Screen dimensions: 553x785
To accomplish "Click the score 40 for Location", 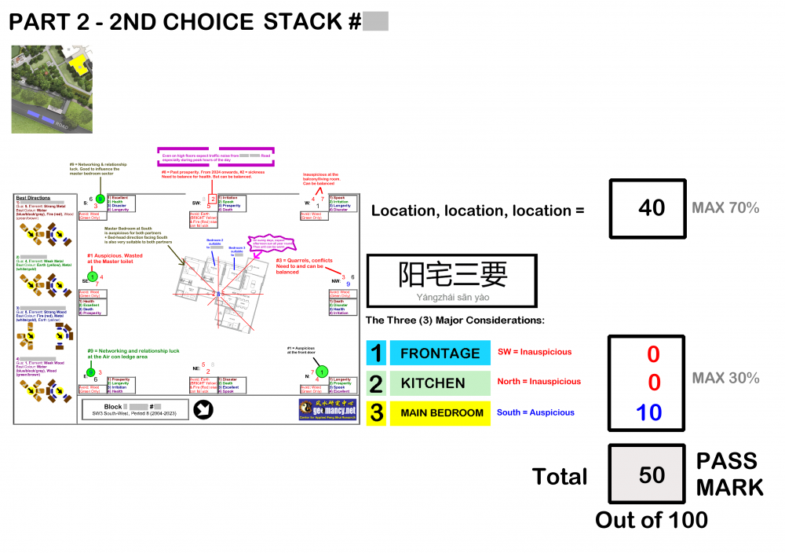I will click(652, 207).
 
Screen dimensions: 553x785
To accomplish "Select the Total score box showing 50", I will click(652, 474).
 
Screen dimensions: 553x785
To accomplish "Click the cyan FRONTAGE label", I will click(440, 353).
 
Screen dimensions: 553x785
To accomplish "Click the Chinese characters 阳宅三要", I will click(452, 274).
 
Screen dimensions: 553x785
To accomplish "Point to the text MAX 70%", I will click(725, 208).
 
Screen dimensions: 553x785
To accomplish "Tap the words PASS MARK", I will click(729, 474).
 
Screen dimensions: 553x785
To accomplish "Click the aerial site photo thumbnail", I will click(53, 89).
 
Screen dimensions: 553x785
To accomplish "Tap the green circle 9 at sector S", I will click(100, 199).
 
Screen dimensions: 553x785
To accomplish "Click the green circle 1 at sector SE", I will click(92, 276).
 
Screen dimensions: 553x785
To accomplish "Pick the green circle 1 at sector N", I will click(322, 371).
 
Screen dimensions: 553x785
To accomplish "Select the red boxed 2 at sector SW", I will click(212, 200).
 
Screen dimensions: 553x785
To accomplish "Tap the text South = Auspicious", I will click(535, 412).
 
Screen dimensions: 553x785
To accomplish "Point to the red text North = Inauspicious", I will click(539, 382).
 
